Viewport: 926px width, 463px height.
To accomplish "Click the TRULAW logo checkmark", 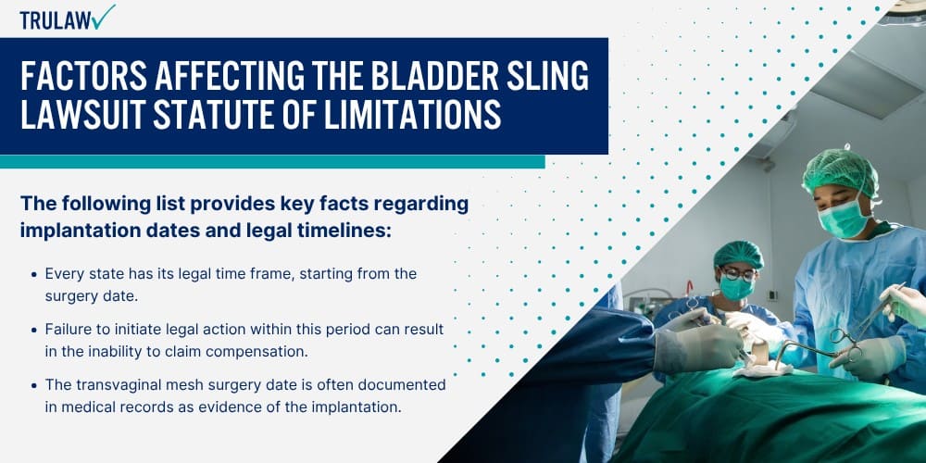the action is tap(104, 17).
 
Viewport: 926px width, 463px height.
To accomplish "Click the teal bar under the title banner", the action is tap(272, 162).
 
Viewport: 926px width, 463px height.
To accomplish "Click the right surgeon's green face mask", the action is tap(844, 217).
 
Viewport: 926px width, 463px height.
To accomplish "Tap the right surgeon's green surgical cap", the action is tap(840, 171).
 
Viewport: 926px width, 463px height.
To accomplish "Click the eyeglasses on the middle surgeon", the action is tap(737, 274).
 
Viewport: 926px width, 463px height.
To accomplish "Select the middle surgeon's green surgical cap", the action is tap(738, 255).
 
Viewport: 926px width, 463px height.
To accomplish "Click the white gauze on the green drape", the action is tap(761, 369).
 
